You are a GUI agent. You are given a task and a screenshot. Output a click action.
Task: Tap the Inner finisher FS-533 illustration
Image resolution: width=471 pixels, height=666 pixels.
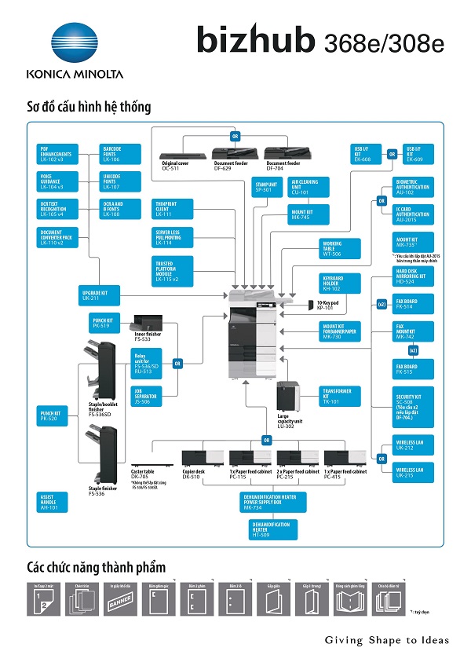(x=147, y=323)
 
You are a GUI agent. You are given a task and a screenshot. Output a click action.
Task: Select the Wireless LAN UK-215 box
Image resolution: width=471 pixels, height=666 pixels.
(x=414, y=472)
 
